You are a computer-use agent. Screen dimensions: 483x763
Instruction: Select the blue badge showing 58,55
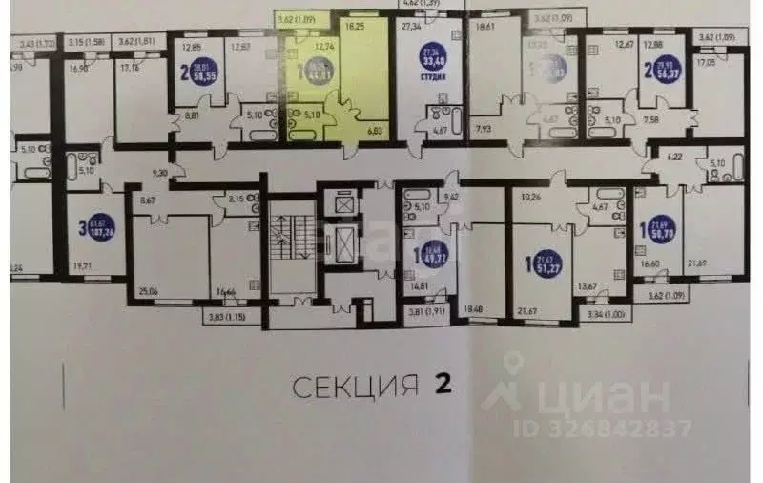click(x=201, y=70)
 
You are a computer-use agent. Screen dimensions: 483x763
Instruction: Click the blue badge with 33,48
click(x=439, y=64)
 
